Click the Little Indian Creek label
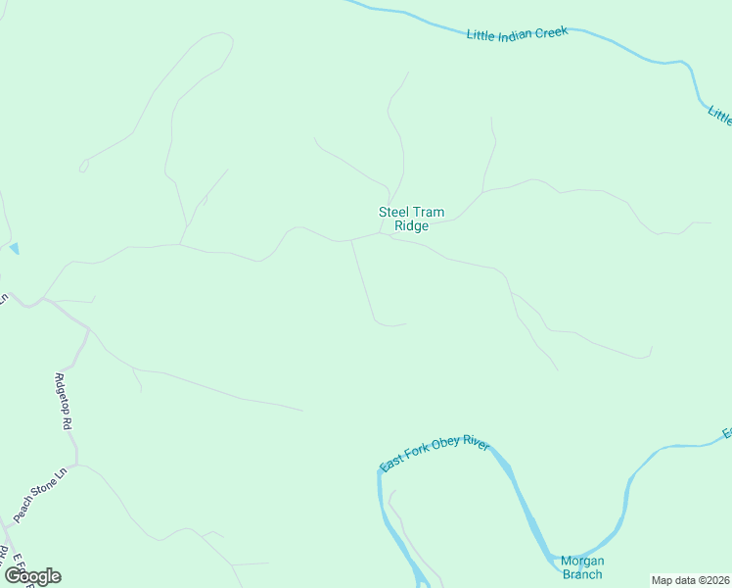[x=518, y=34]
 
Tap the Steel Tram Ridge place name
[x=411, y=219]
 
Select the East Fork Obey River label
[x=435, y=456]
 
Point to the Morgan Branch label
[x=581, y=567]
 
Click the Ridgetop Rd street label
[x=64, y=402]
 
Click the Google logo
[x=32, y=576]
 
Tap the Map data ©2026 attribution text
[x=691, y=580]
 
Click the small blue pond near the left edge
[x=14, y=249]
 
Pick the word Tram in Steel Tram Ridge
[x=429, y=212]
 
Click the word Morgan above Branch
[x=581, y=561]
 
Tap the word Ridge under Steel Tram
[x=411, y=226]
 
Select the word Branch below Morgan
[x=581, y=575]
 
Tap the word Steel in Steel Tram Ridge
[x=393, y=212]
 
